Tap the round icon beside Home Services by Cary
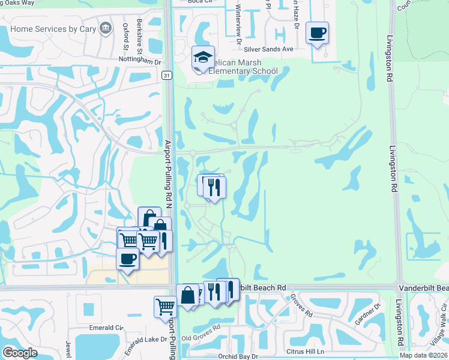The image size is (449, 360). click(x=106, y=28)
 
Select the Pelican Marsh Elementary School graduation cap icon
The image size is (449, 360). click(x=203, y=58)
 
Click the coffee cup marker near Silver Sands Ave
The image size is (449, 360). click(x=316, y=32)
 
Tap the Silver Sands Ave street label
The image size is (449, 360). click(x=269, y=49)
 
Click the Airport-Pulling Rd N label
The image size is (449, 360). click(x=169, y=174)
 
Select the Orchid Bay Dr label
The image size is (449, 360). click(x=238, y=356)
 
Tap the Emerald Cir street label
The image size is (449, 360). click(x=106, y=328)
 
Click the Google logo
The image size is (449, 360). click(x=20, y=353)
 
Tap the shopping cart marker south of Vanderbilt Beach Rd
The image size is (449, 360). click(x=165, y=306)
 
